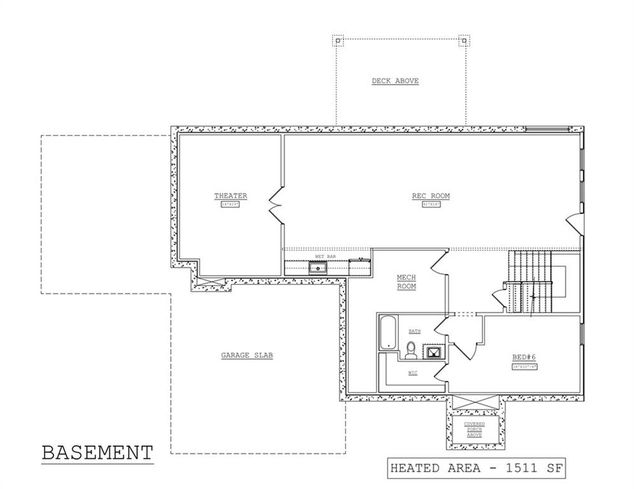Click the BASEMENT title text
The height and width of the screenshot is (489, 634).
click(97, 453)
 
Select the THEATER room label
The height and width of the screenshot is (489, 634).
click(230, 196)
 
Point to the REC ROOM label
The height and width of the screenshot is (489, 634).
click(430, 196)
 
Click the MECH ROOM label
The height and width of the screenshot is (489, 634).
click(406, 282)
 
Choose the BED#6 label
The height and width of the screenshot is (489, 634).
click(524, 357)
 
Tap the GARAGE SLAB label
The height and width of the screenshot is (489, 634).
click(247, 355)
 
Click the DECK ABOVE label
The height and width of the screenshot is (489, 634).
click(395, 81)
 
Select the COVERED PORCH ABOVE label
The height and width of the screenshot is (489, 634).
click(473, 430)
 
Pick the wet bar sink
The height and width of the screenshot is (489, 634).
click(317, 267)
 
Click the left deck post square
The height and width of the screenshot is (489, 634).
click(337, 41)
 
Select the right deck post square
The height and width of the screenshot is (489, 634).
click(465, 41)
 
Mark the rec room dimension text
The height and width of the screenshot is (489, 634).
click(430, 204)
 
